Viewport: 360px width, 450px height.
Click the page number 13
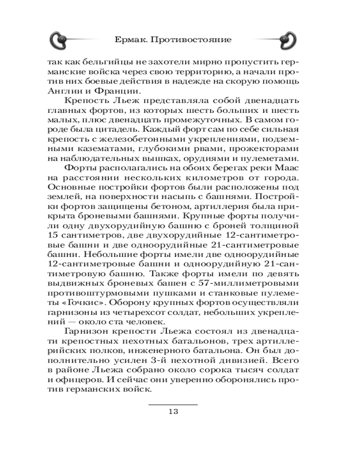[x=173, y=411]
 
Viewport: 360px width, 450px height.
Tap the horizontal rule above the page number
[x=173, y=405]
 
